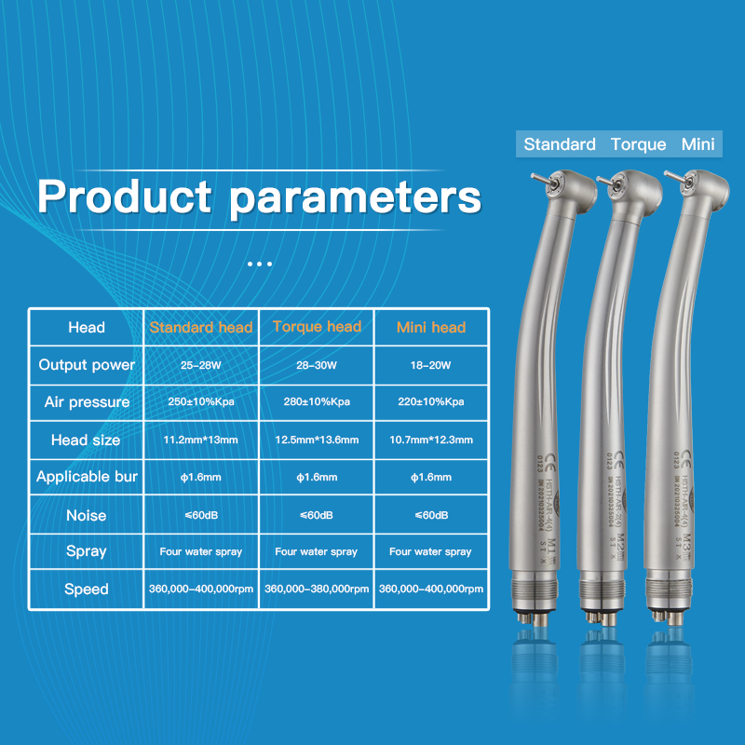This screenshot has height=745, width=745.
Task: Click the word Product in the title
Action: click(124, 196)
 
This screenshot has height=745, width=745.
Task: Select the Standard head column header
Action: click(201, 328)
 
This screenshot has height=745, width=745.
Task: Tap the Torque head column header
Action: click(317, 327)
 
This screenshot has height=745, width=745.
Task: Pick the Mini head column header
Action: click(430, 328)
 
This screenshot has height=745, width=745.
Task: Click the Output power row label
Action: click(87, 365)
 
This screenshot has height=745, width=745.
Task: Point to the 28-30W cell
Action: click(317, 365)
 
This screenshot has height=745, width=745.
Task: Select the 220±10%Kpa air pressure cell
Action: click(430, 402)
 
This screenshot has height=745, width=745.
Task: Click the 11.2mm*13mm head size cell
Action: click(201, 440)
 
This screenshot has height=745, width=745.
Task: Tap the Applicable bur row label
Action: click(87, 477)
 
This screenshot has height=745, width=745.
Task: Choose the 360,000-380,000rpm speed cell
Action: click(317, 589)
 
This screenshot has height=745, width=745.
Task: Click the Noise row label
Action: click(87, 515)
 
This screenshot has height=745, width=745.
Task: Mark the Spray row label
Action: click(87, 551)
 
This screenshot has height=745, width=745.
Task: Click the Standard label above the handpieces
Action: click(560, 144)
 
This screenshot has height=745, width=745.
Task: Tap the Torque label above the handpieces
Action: click(639, 144)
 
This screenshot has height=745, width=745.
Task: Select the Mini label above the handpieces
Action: click(698, 144)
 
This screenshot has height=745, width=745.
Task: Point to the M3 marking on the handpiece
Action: click(688, 543)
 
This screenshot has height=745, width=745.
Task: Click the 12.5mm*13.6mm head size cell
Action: click(317, 440)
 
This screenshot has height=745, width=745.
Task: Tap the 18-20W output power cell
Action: click(430, 365)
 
